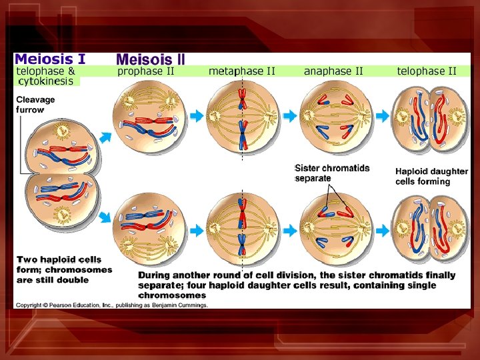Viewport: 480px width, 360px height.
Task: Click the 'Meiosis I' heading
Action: (x=50, y=59)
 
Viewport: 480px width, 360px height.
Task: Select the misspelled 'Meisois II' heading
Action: (x=151, y=59)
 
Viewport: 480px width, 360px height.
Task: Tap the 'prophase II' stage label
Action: (x=146, y=71)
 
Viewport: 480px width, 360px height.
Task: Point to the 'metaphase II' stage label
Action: (x=242, y=71)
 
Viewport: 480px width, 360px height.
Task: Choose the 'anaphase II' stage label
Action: (x=333, y=71)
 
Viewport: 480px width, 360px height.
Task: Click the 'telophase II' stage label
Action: (x=427, y=71)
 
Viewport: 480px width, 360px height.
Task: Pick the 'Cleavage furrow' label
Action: (x=35, y=105)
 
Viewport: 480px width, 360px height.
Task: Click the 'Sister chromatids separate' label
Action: (x=331, y=173)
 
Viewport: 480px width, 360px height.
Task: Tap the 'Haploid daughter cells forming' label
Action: (x=431, y=176)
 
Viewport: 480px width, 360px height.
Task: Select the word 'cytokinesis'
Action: (x=47, y=81)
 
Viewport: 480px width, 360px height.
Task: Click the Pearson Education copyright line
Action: (x=112, y=305)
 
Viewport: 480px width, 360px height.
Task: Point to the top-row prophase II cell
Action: (x=147, y=116)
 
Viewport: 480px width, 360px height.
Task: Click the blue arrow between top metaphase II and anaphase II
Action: (x=289, y=116)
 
